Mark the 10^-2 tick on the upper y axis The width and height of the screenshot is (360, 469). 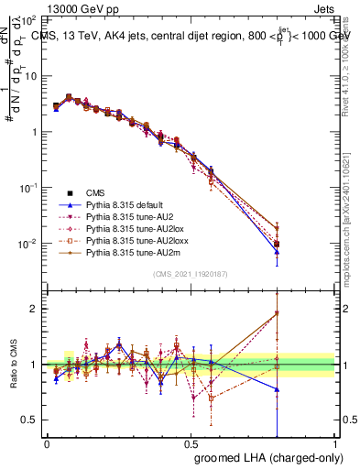coord(30,244)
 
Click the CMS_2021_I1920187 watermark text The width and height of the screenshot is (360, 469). coord(191,274)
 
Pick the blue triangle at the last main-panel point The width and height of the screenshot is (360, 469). coord(277,250)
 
